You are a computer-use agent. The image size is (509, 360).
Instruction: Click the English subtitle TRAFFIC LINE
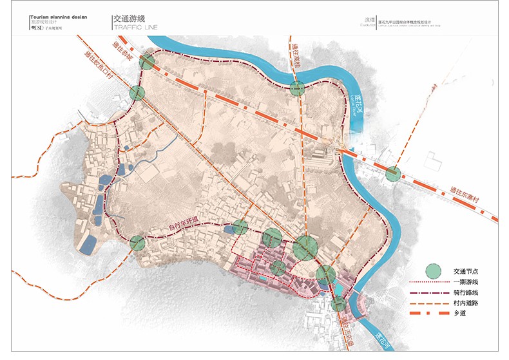point(134,28)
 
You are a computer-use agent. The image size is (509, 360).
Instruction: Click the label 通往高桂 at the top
point(296,57)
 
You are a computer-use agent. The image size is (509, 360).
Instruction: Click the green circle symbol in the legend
point(434,270)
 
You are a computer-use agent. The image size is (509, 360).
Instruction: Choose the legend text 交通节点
point(468,270)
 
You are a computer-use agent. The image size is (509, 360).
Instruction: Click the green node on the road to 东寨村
point(393,173)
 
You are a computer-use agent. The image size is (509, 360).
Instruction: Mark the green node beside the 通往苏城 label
point(148,62)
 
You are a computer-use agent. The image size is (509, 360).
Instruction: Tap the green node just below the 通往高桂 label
point(296,89)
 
